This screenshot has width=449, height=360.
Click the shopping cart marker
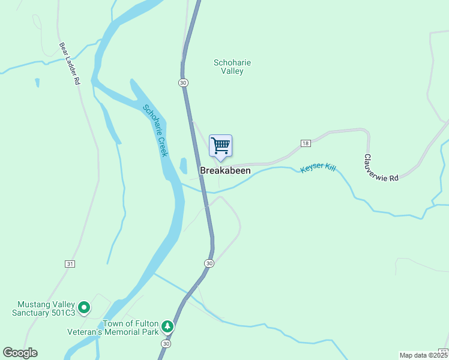point(220,146)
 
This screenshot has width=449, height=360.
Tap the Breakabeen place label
point(225,171)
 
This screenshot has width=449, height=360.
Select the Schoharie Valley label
point(232,67)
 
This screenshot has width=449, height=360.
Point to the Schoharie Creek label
point(155,131)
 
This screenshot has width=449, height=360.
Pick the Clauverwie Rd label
point(380,167)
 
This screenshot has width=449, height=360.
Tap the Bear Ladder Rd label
point(70,62)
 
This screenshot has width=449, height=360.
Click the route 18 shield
point(306,143)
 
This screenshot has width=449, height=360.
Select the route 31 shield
point(70,264)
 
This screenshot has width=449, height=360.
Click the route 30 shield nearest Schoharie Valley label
point(183,82)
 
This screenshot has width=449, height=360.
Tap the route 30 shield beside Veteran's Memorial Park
point(165,343)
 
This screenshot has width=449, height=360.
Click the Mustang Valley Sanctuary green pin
point(84,308)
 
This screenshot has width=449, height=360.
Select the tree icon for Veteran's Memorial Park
point(167,327)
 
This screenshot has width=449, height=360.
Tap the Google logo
point(20,353)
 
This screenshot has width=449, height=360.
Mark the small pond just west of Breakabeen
point(182,165)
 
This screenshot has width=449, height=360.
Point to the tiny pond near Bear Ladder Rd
point(37,82)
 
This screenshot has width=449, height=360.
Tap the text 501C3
point(62,313)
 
